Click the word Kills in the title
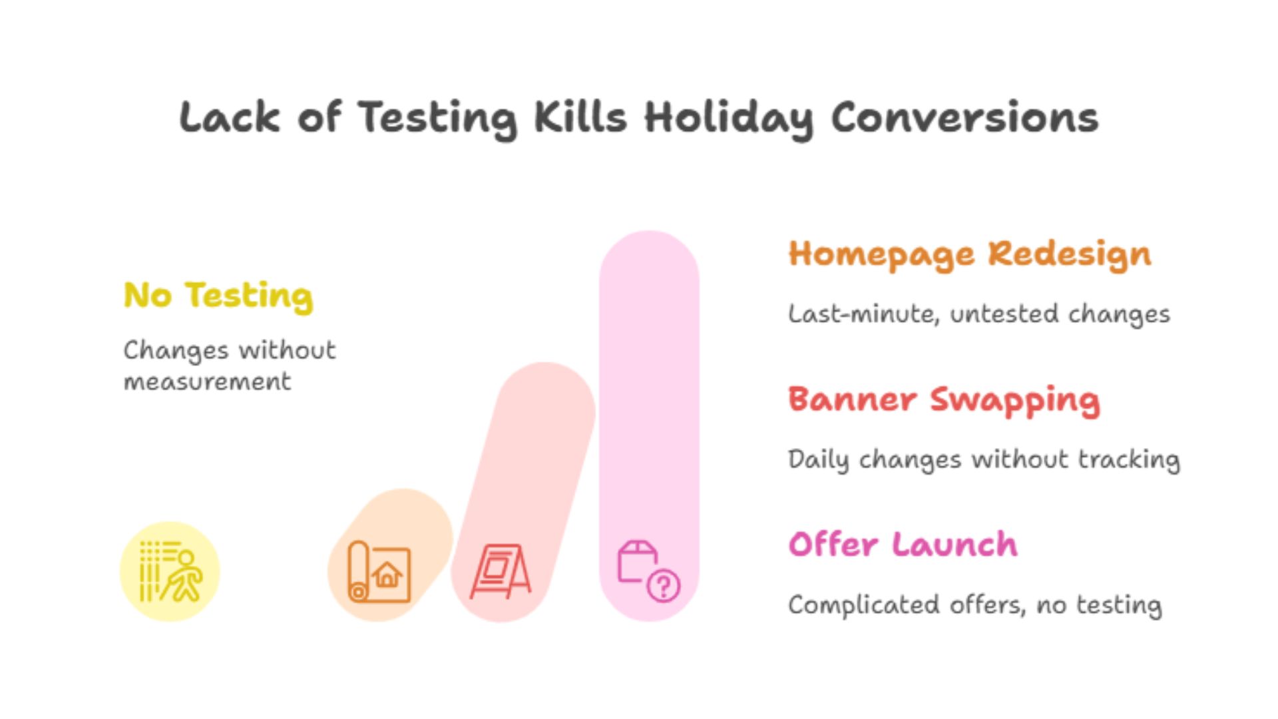[x=580, y=117]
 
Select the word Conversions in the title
[x=964, y=117]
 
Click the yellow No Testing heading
[x=218, y=296]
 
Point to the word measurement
[x=208, y=382]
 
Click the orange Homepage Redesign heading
[x=970, y=255]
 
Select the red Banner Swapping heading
[x=944, y=401]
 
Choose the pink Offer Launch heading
[x=903, y=545]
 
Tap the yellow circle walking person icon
[x=170, y=571]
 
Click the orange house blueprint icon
[x=379, y=571]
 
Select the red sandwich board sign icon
[x=500, y=571]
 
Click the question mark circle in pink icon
[x=663, y=587]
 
